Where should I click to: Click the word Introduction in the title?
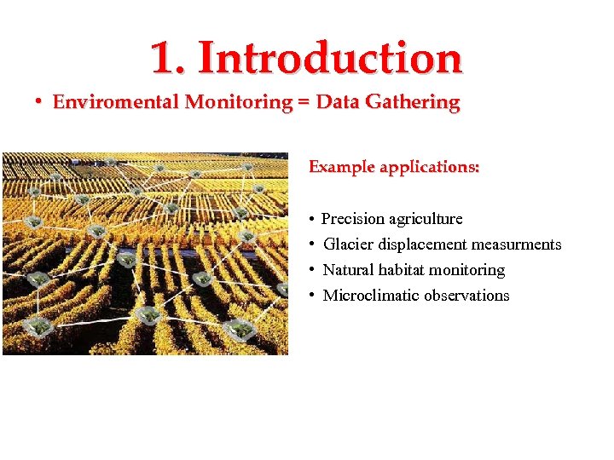click(x=331, y=58)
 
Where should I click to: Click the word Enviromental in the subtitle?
click(x=116, y=103)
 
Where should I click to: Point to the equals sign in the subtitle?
click(x=304, y=103)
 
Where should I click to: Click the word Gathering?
click(x=417, y=103)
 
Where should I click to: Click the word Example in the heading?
click(x=341, y=167)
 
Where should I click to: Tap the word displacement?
click(x=422, y=245)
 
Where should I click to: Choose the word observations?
click(x=468, y=296)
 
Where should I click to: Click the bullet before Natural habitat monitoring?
click(x=314, y=270)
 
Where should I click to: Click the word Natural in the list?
click(x=348, y=270)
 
